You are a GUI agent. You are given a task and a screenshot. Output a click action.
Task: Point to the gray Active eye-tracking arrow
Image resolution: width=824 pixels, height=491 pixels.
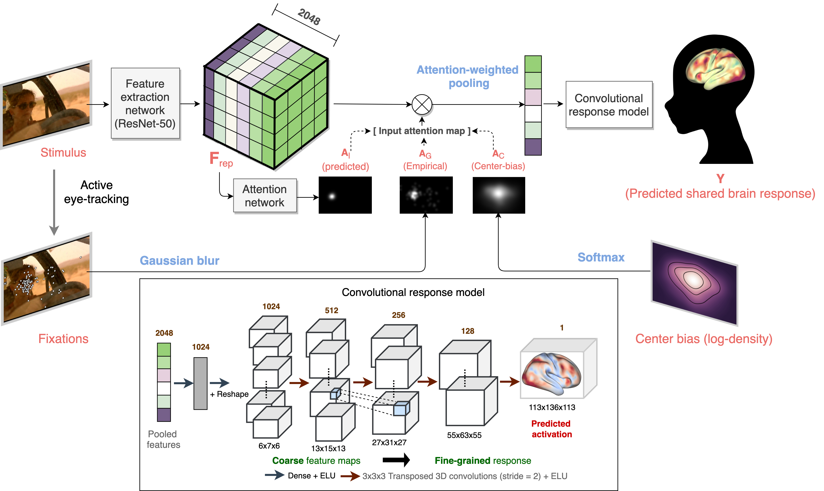coord(54,202)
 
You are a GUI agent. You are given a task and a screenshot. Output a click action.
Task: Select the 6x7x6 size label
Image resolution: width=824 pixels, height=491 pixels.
coord(269,446)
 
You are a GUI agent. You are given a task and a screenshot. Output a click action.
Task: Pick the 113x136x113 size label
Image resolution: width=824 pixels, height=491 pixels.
coord(552,407)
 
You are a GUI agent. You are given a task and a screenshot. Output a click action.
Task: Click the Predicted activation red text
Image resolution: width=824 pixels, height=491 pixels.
coord(551,429)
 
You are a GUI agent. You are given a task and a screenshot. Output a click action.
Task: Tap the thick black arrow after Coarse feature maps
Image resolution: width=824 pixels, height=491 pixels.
coord(396,460)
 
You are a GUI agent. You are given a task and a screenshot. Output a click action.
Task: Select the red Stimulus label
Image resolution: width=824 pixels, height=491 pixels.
coord(63,153)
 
